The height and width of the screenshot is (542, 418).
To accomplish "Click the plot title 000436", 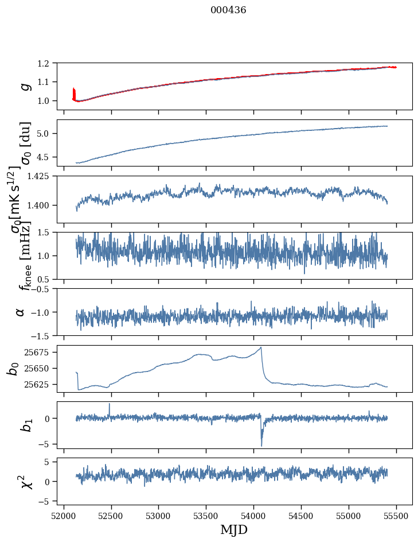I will pos(228,10).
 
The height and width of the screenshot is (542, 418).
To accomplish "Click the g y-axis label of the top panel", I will pos(24,87).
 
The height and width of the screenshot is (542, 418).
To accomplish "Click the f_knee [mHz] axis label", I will pos(24,255).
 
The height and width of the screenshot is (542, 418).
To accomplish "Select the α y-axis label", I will pos(21,312).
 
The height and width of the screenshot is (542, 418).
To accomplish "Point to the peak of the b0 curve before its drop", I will pos(261,347).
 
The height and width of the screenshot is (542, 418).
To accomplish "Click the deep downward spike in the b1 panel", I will pos(261,445).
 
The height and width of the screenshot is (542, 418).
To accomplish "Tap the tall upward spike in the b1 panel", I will pos(110,404).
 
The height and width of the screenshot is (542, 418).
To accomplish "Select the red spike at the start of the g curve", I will pos(74,92).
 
